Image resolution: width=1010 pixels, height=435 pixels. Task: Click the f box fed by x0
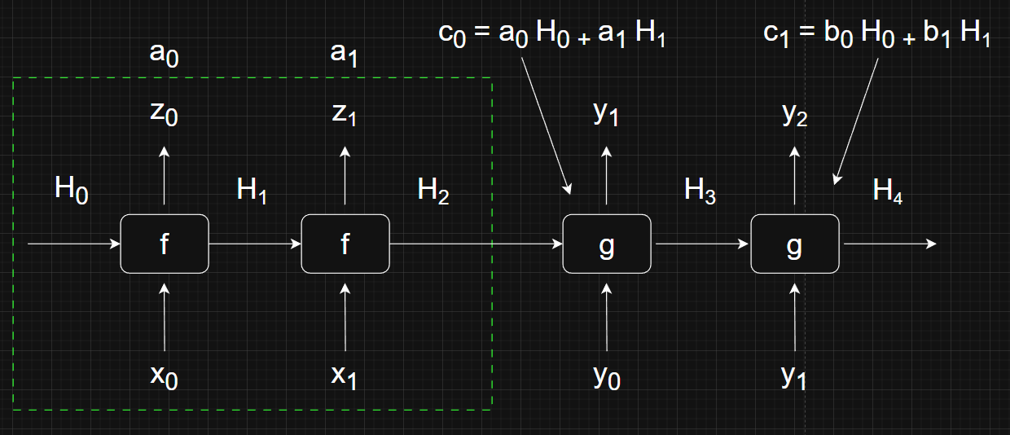click(165, 244)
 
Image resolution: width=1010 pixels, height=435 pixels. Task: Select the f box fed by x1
click(345, 244)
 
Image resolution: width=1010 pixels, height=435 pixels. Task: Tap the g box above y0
click(607, 244)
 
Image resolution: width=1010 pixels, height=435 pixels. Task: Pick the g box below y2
click(794, 244)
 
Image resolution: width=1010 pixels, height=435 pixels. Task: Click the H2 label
click(433, 191)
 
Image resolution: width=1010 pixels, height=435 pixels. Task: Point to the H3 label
click(700, 191)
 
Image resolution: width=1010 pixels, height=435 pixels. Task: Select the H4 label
click(887, 191)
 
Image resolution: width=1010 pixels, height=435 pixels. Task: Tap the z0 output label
click(164, 115)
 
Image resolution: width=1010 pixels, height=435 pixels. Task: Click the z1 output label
click(345, 115)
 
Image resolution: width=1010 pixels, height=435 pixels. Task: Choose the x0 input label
click(165, 376)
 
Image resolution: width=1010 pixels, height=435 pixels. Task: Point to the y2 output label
click(794, 116)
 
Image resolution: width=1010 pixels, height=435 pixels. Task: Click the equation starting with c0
click(551, 37)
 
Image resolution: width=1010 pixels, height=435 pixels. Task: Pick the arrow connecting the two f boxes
click(255, 244)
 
